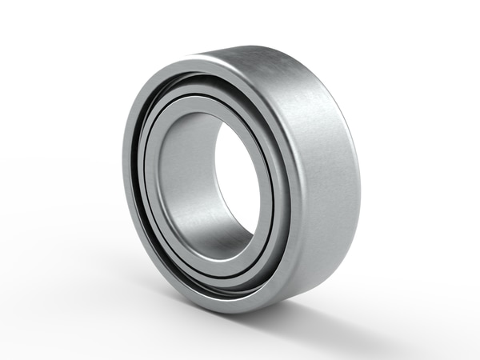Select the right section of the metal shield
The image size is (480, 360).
(x=276, y=192)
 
